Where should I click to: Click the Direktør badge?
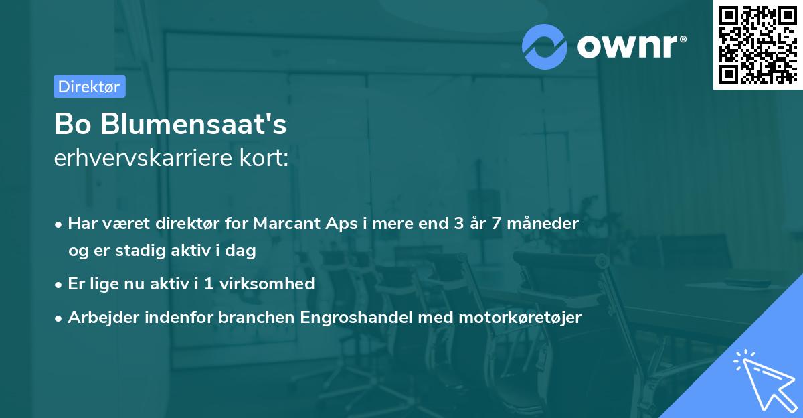click(x=89, y=86)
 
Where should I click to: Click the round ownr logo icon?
click(x=545, y=46)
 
